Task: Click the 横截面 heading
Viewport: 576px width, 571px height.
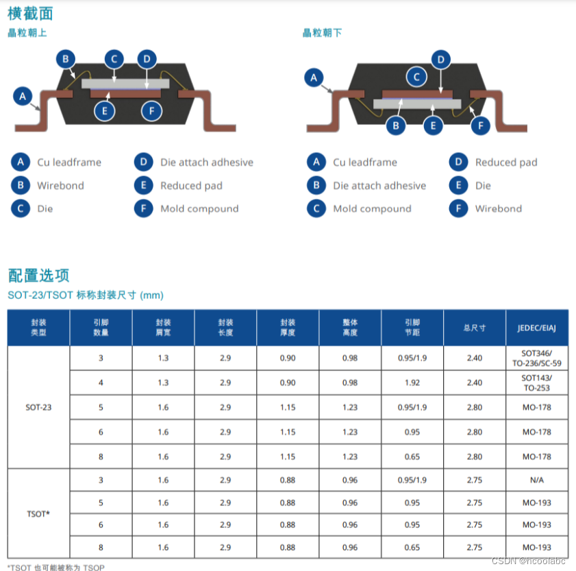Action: [30, 13]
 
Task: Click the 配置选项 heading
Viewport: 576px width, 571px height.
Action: [39, 276]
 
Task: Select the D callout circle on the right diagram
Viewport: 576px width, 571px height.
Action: [440, 60]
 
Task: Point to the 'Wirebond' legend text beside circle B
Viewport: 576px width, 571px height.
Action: [60, 186]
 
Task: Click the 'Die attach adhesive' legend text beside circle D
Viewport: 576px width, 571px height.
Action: [206, 162]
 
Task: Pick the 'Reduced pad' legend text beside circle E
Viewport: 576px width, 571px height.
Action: [191, 186]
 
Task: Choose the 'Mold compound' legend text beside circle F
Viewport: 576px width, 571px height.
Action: [199, 209]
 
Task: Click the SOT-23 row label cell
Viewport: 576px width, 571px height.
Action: [38, 407]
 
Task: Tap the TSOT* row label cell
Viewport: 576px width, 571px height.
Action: [38, 513]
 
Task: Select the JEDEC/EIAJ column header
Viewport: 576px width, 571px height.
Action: [536, 328]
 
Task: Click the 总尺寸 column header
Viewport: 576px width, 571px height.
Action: [474, 328]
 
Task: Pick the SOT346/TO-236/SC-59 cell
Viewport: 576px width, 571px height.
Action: [536, 358]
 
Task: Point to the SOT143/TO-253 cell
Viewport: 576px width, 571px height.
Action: [536, 382]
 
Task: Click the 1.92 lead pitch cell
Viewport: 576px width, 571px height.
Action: [412, 382]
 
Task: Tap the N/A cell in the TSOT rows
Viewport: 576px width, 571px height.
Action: [536, 481]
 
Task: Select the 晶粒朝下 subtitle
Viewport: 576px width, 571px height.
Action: [322, 33]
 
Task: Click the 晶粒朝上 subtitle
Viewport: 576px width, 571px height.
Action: [27, 33]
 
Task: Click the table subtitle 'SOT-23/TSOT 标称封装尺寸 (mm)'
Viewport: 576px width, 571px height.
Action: [86, 295]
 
